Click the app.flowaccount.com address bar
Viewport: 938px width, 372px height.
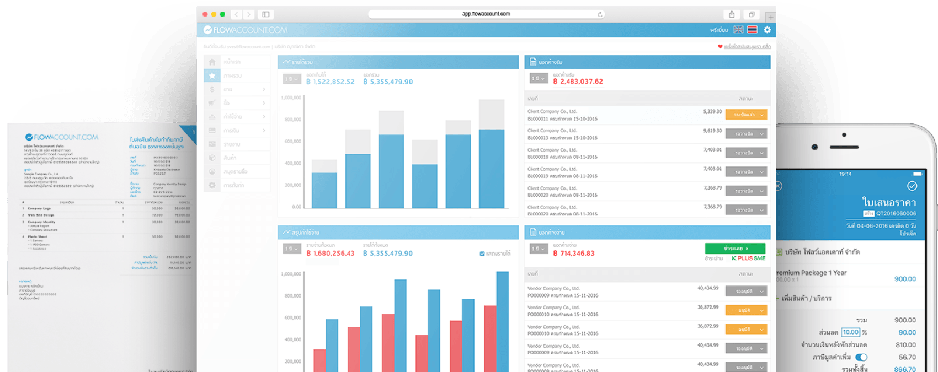pos(486,14)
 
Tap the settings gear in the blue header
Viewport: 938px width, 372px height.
pos(767,30)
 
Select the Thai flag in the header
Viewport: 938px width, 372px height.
pos(752,30)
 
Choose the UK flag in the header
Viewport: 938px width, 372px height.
pos(738,30)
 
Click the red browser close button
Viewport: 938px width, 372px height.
pos(205,14)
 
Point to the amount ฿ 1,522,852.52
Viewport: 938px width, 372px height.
pos(331,82)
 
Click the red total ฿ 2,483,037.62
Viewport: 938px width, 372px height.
pos(578,82)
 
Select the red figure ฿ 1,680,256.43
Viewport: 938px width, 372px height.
pos(331,254)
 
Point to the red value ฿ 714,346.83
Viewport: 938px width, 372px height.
pos(574,254)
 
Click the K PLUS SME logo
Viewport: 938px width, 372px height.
pos(748,258)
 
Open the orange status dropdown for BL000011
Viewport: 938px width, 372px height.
pos(746,115)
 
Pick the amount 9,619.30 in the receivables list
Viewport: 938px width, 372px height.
pos(712,131)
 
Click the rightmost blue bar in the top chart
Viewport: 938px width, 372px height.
pos(492,168)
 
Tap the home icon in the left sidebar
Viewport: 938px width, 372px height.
pos(212,62)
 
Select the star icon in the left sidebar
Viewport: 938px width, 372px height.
pos(212,76)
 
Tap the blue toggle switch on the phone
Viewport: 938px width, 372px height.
pos(861,357)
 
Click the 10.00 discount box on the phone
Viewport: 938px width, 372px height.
pos(851,332)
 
